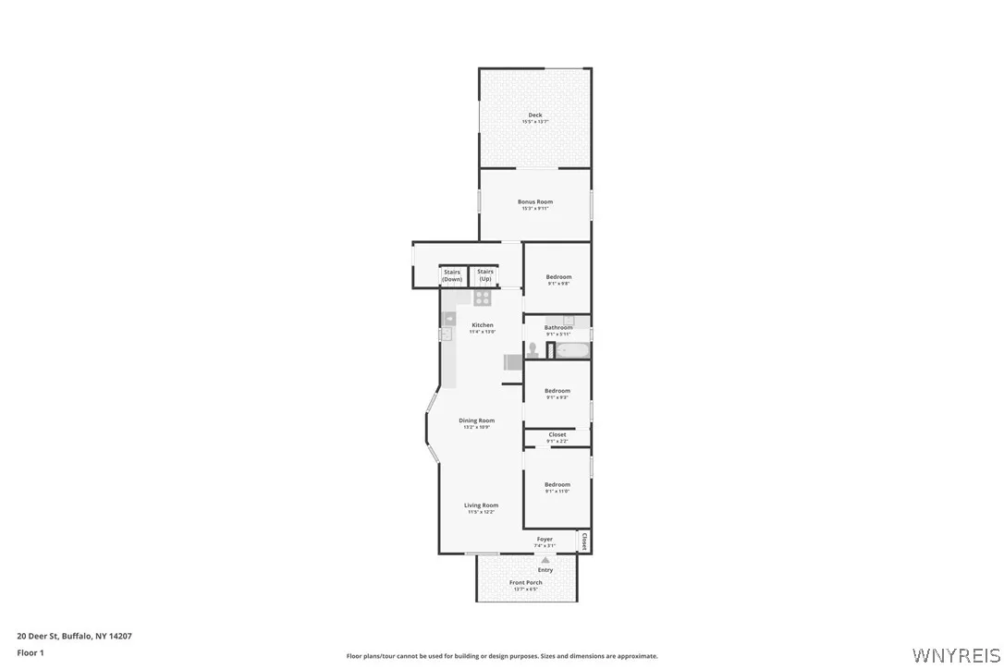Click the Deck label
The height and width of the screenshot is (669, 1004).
point(535,115)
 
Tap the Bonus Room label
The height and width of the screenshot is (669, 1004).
point(535,201)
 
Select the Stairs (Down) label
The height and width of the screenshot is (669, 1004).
point(452,275)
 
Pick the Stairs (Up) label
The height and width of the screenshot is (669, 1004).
point(484,275)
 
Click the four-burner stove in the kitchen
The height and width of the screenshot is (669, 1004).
point(483,298)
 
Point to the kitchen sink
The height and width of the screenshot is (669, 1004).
point(448,319)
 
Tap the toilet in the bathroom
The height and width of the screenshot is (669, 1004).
point(533,350)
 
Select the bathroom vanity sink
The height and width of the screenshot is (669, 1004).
point(569,321)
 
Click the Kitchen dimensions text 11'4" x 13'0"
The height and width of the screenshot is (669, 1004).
point(483,332)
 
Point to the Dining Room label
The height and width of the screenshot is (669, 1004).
point(477,420)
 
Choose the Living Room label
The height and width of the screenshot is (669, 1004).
point(481,505)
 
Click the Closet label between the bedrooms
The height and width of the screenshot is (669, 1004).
point(557,434)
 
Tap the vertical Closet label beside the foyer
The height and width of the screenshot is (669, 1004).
point(584,540)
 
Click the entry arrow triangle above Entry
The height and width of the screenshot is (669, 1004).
point(545,560)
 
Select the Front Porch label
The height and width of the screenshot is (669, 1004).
point(526,582)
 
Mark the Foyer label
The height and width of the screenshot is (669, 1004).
point(545,539)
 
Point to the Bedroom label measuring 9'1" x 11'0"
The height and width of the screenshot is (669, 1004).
point(557,484)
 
